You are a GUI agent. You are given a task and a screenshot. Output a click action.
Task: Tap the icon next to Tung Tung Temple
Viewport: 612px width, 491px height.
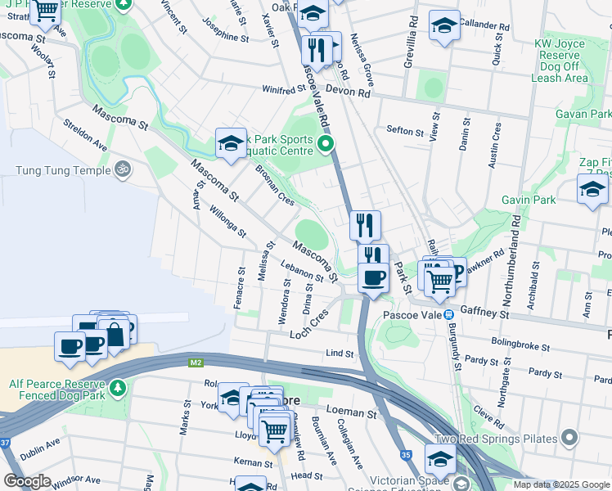(x=123, y=170)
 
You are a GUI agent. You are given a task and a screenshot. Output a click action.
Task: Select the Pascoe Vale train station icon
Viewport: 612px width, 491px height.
(x=449, y=313)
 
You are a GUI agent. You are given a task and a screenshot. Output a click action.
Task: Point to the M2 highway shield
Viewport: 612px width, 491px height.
(x=196, y=361)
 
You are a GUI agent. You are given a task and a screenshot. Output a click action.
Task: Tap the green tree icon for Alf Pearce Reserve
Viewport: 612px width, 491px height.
(x=119, y=385)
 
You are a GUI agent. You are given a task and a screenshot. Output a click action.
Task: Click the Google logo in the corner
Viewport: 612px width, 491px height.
(x=27, y=481)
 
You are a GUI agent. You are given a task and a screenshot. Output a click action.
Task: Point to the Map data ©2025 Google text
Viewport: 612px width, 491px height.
(x=561, y=484)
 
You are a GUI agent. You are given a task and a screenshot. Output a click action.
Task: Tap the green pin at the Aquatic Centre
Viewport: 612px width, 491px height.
(x=326, y=146)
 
